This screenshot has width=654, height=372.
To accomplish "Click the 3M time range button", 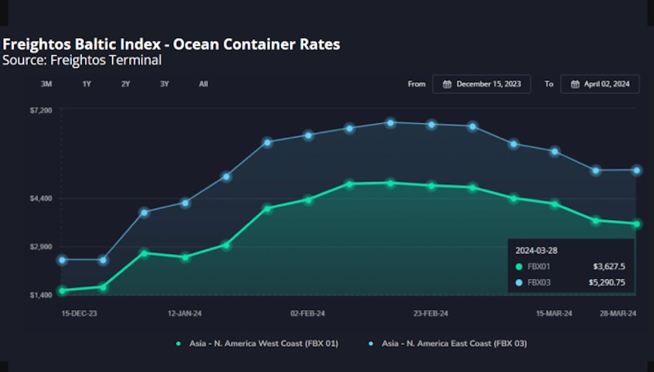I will [46, 84].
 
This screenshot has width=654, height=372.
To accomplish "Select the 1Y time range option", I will [87, 84].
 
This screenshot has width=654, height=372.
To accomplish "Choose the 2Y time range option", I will [126, 84].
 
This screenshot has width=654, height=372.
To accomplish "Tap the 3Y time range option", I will [165, 84].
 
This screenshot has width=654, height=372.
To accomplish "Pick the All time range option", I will [203, 84].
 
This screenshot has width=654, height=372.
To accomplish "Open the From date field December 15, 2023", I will [482, 84].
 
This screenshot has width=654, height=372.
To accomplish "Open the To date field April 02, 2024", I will [600, 84].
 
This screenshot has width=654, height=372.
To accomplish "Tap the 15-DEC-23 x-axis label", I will [79, 314].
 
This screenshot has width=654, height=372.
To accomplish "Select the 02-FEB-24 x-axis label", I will [307, 314].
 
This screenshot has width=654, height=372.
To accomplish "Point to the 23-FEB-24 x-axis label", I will [431, 314].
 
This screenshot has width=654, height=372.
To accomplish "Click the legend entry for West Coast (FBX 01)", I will [263, 344].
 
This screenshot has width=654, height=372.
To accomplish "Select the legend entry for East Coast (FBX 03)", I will [453, 344].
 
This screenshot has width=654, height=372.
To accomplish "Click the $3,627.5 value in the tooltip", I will [609, 267].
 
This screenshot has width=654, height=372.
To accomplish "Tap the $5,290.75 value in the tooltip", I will [606, 283].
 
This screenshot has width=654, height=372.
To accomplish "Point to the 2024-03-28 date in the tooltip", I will [536, 251].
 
